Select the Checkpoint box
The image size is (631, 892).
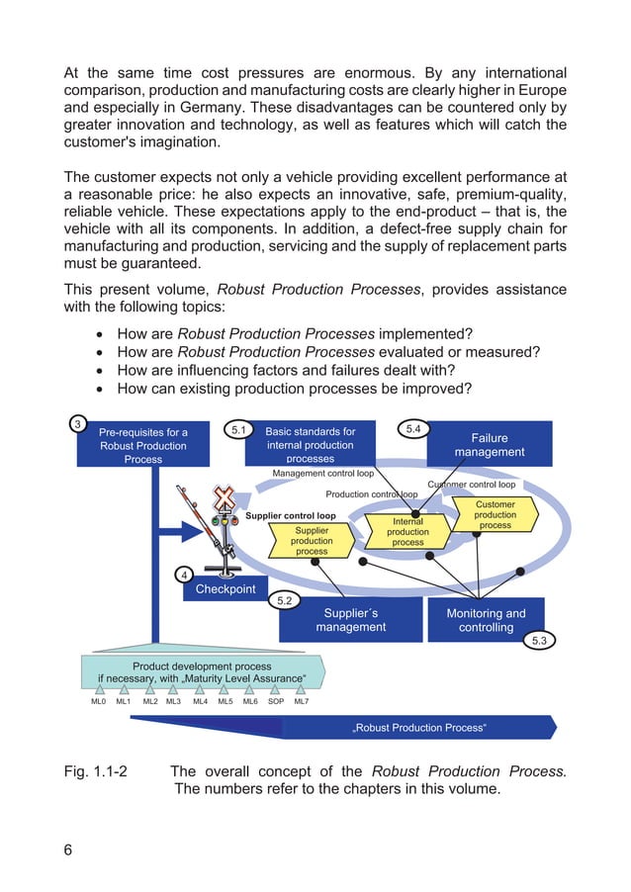pyautogui.click(x=225, y=589)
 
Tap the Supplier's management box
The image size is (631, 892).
pyautogui.click(x=350, y=620)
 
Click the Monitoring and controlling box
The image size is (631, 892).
pyautogui.click(x=486, y=620)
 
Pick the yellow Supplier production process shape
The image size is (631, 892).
pyautogui.click(x=312, y=541)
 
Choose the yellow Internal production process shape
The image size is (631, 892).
pyautogui.click(x=407, y=531)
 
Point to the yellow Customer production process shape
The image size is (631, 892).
pyautogui.click(x=495, y=514)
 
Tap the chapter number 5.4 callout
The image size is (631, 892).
pyautogui.click(x=413, y=428)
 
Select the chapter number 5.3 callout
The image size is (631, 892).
pyautogui.click(x=539, y=642)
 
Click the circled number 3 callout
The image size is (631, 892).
pyautogui.click(x=78, y=424)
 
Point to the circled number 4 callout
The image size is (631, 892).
pyautogui.click(x=184, y=575)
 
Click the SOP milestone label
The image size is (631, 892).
pyautogui.click(x=276, y=701)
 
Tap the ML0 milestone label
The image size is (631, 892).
pyautogui.click(x=99, y=701)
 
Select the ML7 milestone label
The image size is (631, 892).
pyautogui.click(x=301, y=701)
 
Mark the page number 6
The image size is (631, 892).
pyautogui.click(x=68, y=848)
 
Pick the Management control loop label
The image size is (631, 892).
pyautogui.click(x=322, y=474)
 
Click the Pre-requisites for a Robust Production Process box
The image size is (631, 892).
pyautogui.click(x=143, y=445)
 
